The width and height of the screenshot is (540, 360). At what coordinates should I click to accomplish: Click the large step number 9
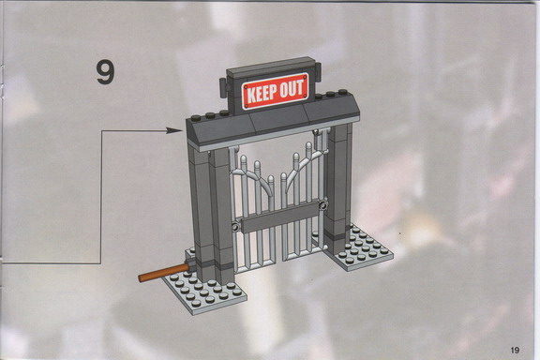click(x=105, y=72)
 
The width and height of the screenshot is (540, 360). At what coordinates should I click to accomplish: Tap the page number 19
click(x=515, y=350)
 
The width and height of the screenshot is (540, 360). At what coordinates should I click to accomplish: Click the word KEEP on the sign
click(x=262, y=94)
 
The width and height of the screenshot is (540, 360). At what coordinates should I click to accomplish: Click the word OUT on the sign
click(x=292, y=88)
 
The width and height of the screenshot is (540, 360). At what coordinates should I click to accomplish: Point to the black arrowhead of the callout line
click(x=174, y=130)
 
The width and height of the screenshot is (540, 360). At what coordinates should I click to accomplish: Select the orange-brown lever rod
click(x=163, y=273)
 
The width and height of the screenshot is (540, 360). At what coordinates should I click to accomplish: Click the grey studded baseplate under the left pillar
click(x=204, y=290)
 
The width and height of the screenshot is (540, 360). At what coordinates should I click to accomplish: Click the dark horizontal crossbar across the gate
click(x=280, y=217)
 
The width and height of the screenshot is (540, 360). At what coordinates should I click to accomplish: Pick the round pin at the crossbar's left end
click(x=235, y=228)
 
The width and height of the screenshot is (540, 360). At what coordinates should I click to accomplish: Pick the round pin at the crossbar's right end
click(x=323, y=206)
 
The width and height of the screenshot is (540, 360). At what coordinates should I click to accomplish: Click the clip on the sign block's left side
click(x=224, y=87)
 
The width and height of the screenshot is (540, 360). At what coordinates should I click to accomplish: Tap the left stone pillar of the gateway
click(x=211, y=214)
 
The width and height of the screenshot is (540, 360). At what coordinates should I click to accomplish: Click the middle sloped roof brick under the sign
click(x=280, y=122)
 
